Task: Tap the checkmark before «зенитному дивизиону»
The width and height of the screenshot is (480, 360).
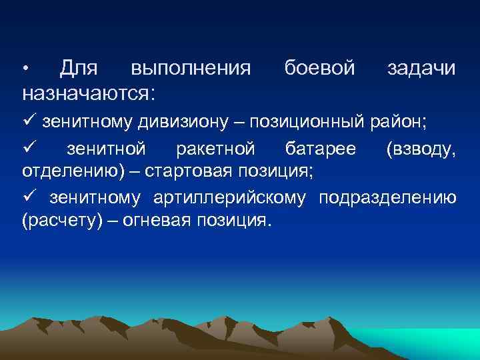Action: [x=29, y=122]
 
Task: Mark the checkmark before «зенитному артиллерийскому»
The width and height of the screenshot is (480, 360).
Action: [x=29, y=198]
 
